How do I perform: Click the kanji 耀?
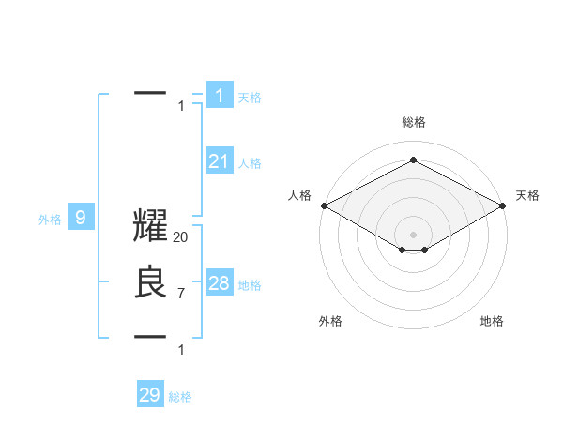pyautogui.click(x=150, y=229)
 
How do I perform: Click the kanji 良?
pyautogui.click(x=150, y=283)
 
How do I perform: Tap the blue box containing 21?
pyautogui.click(x=220, y=161)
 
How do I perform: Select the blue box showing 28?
pyautogui.click(x=220, y=283)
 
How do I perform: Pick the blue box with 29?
pyautogui.click(x=150, y=395)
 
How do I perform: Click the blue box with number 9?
pyautogui.click(x=81, y=219)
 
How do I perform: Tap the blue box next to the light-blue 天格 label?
pyautogui.click(x=220, y=95)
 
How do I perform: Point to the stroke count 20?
pyautogui.click(x=181, y=238)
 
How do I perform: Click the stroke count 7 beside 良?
pyautogui.click(x=180, y=294)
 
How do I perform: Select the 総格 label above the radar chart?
pyautogui.click(x=413, y=122)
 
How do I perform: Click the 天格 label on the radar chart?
pyautogui.click(x=527, y=195)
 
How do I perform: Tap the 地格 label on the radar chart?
pyautogui.click(x=492, y=321)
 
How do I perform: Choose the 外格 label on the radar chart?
pyautogui.click(x=330, y=321)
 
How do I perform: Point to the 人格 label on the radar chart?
pyautogui.click(x=299, y=195)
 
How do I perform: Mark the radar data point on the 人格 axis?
pyautogui.click(x=323, y=205)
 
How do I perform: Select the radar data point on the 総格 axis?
pyautogui.click(x=413, y=160)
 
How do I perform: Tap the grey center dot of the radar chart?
pyautogui.click(x=413, y=234)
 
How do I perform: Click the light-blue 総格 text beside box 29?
pyautogui.click(x=180, y=397)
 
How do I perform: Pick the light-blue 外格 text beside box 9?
pyautogui.click(x=50, y=220)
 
